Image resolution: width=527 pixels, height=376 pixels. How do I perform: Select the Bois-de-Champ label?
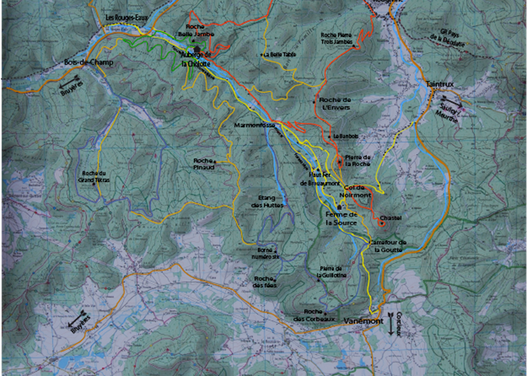pyautogui.click(x=88, y=62)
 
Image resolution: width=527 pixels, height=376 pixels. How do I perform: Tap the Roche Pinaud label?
pyautogui.click(x=204, y=163)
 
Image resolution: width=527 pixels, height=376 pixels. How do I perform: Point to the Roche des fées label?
pyautogui.click(x=264, y=281)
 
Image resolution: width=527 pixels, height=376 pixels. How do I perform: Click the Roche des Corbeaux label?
pyautogui.click(x=313, y=315)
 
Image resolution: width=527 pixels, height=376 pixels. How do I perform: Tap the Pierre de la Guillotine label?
pyautogui.click(x=332, y=272)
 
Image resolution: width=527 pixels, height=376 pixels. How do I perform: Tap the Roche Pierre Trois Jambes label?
pyautogui.click(x=337, y=38)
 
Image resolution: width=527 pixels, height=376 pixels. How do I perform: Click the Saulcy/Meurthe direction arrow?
pyautogui.click(x=452, y=102)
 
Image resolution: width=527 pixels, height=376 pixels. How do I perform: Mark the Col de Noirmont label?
pyautogui.click(x=358, y=191)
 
